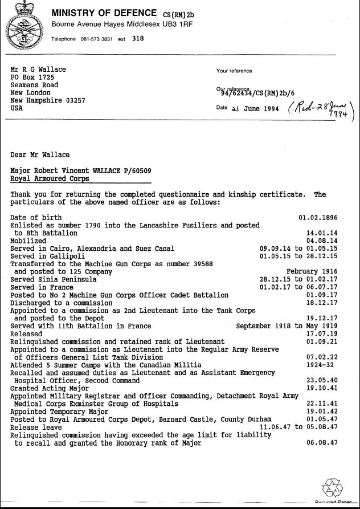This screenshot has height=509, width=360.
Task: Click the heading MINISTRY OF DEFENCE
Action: click(x=104, y=13)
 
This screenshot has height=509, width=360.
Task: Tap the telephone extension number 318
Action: click(x=138, y=39)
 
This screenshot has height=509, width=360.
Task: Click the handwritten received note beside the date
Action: click(x=321, y=108)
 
